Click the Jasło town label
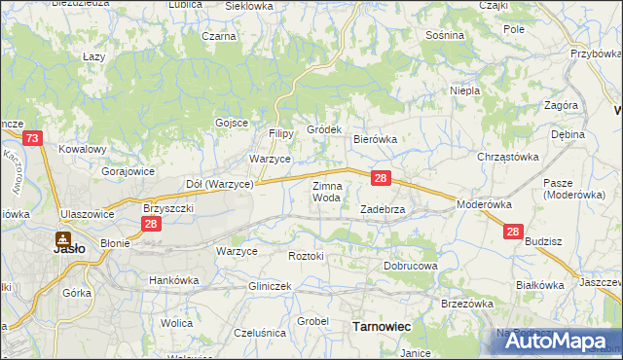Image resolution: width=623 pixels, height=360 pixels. pyautogui.click(x=67, y=248)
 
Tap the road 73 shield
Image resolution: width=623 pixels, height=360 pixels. pyautogui.click(x=32, y=140)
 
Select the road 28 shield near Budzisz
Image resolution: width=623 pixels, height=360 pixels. pyautogui.click(x=514, y=233)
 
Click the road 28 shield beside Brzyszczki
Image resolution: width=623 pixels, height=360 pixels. pyautogui.click(x=150, y=225)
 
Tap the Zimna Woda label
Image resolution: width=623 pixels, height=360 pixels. pyautogui.click(x=326, y=191)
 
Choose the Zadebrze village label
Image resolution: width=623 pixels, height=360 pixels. pyautogui.click(x=388, y=209)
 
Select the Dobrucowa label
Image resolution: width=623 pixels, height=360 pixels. pyautogui.click(x=411, y=265)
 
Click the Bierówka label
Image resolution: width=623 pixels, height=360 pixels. pyautogui.click(x=375, y=139)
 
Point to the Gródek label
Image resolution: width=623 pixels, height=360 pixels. pyautogui.click(x=324, y=129)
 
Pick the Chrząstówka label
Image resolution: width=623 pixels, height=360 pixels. pyautogui.click(x=507, y=157)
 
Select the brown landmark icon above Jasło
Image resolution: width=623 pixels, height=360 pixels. pyautogui.click(x=62, y=236)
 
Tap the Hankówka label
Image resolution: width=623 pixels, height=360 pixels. pyautogui.click(x=173, y=280)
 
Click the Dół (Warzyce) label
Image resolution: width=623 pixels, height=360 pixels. pyautogui.click(x=219, y=183)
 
